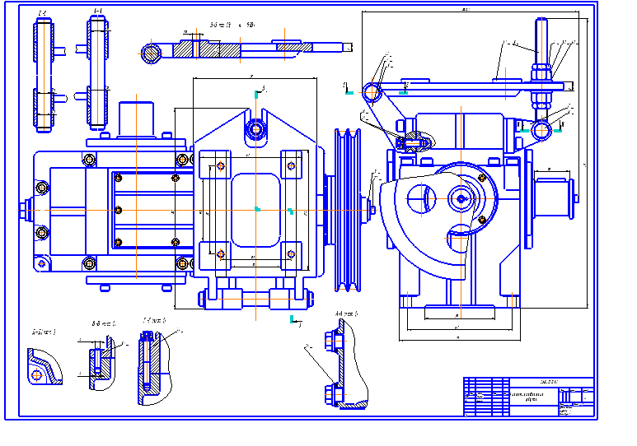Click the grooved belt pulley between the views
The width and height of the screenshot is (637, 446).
click(x=349, y=209)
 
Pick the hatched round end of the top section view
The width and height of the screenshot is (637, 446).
click(x=151, y=53)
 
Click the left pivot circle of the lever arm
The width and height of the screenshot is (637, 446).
click(x=372, y=91)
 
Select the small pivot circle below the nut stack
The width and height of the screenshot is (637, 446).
click(x=541, y=130)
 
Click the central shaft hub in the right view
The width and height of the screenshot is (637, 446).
click(x=461, y=197)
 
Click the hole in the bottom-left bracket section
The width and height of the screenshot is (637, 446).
click(x=37, y=376)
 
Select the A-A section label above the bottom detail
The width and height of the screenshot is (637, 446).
click(x=345, y=314)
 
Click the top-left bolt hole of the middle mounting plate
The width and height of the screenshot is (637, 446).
click(x=221, y=167)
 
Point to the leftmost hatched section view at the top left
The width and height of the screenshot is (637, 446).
click(x=43, y=72)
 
